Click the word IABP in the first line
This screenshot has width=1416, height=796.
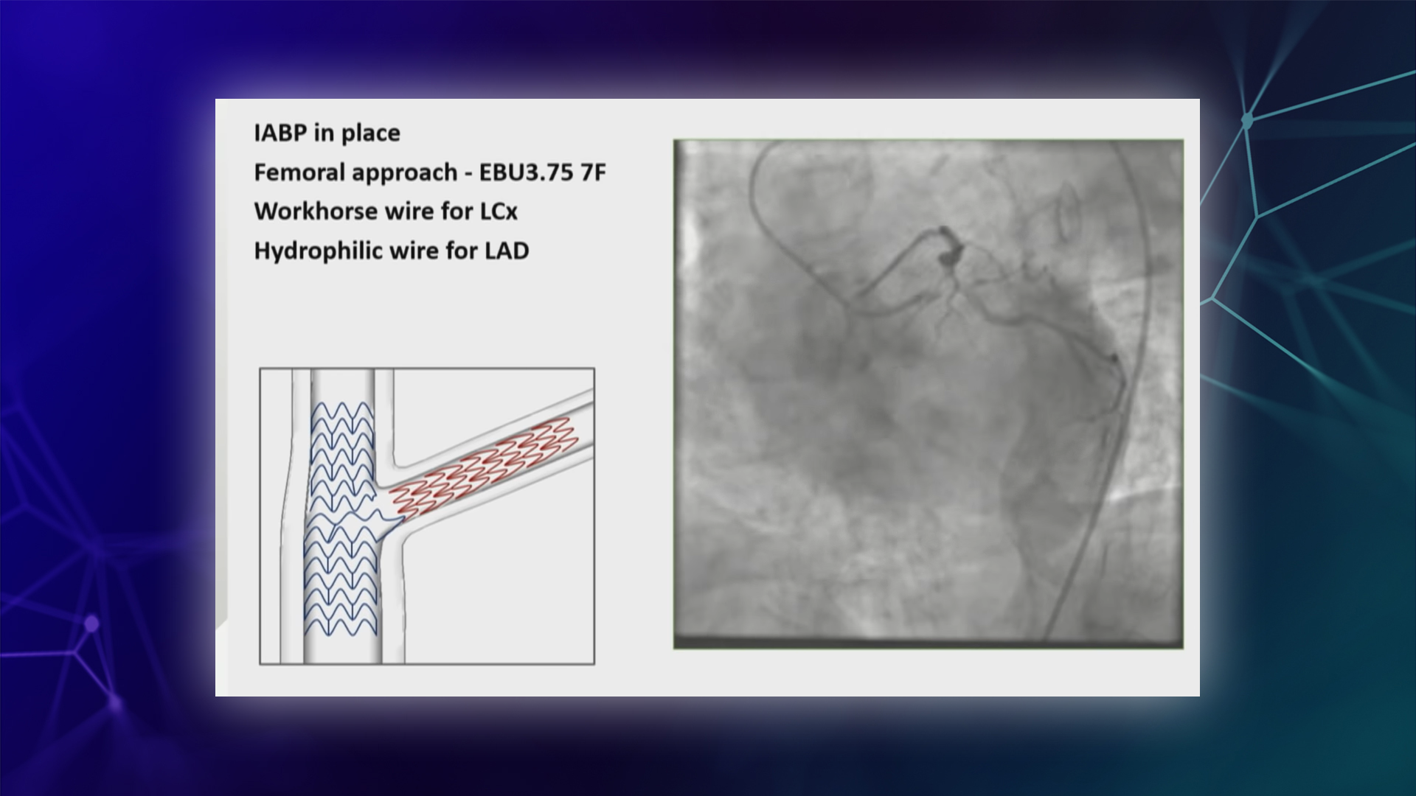(281, 133)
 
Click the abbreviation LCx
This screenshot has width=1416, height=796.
(499, 212)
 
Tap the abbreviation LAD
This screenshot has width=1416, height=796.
(507, 251)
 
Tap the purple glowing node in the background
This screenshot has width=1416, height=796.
(91, 624)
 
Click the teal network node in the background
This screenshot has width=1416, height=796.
(1247, 119)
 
